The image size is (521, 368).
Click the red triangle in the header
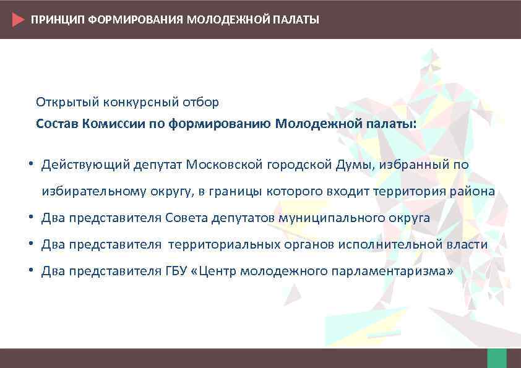18,19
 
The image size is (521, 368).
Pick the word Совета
187,218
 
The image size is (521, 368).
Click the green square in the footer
497,358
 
